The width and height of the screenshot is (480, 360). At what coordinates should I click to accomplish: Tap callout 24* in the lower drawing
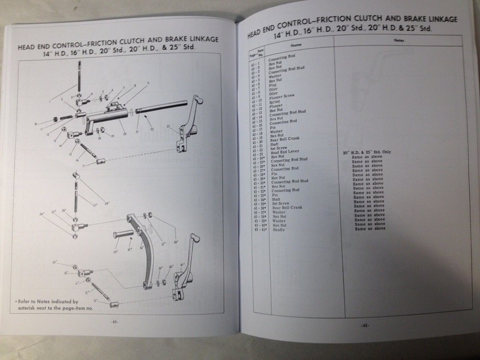tap(41, 214)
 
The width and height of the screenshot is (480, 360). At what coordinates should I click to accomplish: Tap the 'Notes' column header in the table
tap(398, 40)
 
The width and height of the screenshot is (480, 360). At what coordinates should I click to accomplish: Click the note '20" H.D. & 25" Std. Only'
tap(367, 153)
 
